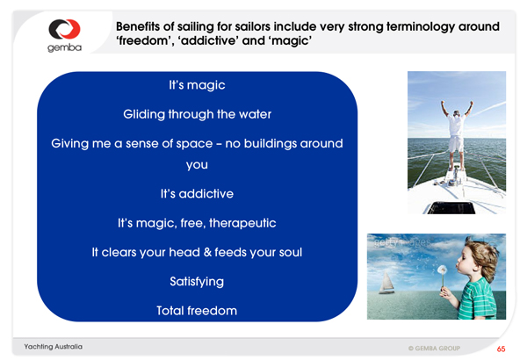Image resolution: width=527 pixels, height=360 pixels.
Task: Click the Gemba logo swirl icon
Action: [64, 29]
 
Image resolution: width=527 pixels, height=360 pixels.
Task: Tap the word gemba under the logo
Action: [64, 47]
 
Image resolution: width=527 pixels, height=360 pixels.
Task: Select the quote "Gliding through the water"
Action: [198, 114]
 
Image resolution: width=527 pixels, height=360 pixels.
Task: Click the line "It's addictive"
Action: [197, 194]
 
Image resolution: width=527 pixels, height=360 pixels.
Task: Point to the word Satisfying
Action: [197, 282]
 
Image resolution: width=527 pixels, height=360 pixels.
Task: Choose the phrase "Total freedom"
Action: [197, 311]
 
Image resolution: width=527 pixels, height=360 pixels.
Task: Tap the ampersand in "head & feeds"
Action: [207, 252]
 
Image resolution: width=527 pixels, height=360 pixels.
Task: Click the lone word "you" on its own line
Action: [197, 165]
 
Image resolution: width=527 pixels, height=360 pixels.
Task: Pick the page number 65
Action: [502, 349]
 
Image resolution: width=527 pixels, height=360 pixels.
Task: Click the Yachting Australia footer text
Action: [53, 347]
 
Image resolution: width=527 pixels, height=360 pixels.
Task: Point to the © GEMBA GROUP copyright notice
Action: [434, 349]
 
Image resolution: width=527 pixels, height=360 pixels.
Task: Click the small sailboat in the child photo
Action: [386, 283]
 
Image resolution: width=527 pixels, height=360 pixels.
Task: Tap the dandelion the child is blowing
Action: [442, 270]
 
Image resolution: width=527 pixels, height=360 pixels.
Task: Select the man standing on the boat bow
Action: [457, 134]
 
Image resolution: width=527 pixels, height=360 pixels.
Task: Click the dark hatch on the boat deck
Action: [451, 208]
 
